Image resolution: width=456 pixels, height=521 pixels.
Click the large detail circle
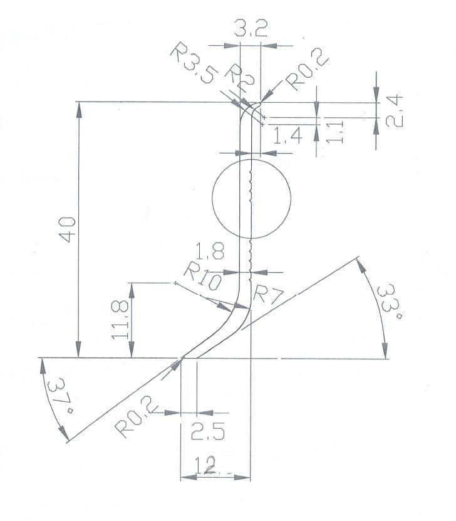pyautogui.click(x=251, y=199)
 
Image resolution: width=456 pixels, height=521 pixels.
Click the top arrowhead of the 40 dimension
pyautogui.click(x=78, y=108)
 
